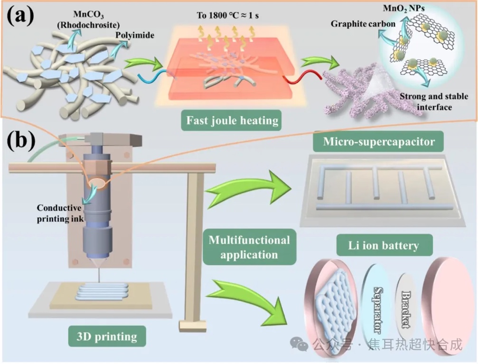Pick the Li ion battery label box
pos(378,246)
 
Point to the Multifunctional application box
pos(249,247)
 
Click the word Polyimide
pos(131,35)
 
